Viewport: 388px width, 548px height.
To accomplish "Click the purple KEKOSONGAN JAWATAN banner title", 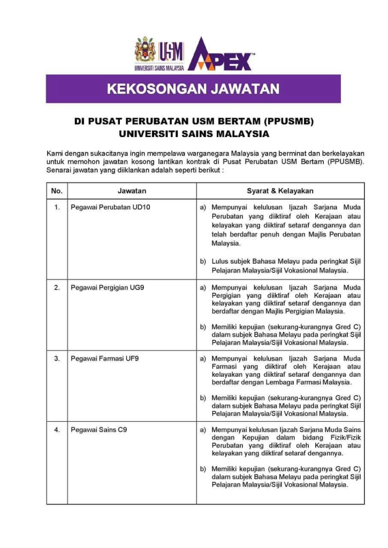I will point(193,89).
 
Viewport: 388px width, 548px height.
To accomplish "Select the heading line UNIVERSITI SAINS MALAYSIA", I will point(194,133).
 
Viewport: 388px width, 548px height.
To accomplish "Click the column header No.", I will point(57,191).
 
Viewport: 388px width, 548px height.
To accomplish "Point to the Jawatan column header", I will point(132,191).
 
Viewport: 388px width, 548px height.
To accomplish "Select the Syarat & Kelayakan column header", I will point(280,191).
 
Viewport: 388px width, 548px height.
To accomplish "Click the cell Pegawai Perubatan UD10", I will point(110,207).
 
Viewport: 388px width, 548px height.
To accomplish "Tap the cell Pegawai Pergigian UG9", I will point(107,287).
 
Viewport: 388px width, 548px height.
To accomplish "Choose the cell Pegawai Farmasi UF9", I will point(104,359).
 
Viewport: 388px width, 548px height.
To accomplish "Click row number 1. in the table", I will point(57,207).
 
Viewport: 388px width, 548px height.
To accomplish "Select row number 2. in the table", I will point(57,287).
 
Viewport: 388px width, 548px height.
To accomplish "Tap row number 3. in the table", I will point(57,359).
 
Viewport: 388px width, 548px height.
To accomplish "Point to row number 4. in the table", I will point(57,430).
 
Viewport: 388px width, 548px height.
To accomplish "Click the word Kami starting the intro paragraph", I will point(56,154).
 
